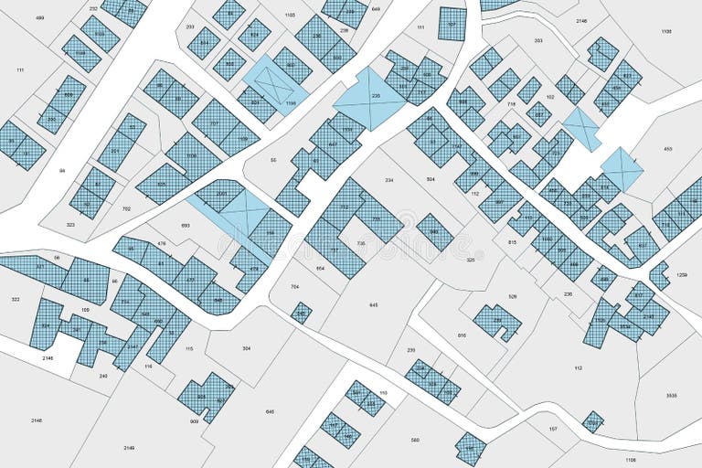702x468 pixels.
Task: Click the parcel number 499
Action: (x=39, y=17)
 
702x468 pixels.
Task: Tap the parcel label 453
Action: (x=668, y=149)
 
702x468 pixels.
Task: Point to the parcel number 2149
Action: (x=129, y=448)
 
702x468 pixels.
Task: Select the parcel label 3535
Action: (x=671, y=395)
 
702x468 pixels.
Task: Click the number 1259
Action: (x=681, y=275)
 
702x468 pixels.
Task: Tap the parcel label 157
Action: (x=553, y=429)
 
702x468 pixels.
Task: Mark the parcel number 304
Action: (x=247, y=348)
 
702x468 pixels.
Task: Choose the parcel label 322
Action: (x=16, y=299)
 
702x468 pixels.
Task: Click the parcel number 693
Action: (x=186, y=225)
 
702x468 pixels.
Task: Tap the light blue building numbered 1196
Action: (x=291, y=103)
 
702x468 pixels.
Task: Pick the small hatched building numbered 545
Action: (x=301, y=314)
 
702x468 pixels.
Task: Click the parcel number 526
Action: (x=512, y=296)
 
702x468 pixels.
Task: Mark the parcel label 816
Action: (x=462, y=335)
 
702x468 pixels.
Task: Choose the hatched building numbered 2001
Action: (x=222, y=194)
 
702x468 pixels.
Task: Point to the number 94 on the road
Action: (x=63, y=171)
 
